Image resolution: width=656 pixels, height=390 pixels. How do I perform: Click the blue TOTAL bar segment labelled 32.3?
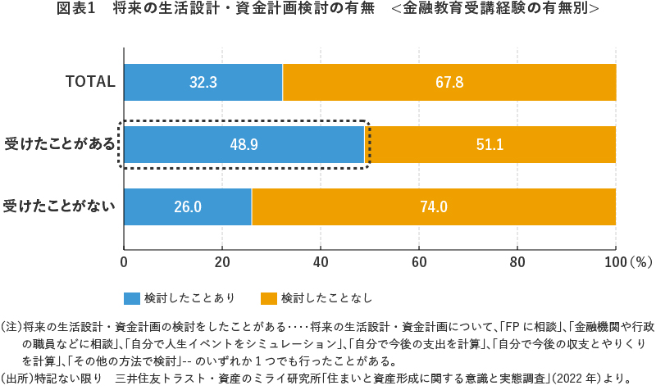(203, 82)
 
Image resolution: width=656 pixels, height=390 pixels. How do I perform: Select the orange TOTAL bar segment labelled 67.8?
(449, 82)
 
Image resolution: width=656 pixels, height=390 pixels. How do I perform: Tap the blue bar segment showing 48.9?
(244, 145)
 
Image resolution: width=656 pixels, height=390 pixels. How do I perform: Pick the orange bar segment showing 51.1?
(490, 145)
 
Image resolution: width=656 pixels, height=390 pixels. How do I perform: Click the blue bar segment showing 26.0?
(187, 206)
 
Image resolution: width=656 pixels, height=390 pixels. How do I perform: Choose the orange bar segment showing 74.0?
(434, 206)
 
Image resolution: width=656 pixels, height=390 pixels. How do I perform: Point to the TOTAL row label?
(90, 82)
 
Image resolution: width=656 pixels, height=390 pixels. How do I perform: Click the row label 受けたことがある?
(59, 145)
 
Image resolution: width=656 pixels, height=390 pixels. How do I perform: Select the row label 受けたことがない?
(59, 206)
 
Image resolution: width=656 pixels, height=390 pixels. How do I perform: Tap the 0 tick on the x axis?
(124, 263)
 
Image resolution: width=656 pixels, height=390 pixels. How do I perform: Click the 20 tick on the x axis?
(221, 263)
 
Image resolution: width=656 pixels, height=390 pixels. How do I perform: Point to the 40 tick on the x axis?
(321, 263)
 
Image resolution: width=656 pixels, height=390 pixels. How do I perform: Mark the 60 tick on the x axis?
(419, 263)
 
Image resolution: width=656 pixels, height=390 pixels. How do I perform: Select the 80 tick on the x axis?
(517, 263)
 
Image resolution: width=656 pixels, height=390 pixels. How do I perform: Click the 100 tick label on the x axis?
(615, 263)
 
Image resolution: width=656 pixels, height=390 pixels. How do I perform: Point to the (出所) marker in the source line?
(16, 379)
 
